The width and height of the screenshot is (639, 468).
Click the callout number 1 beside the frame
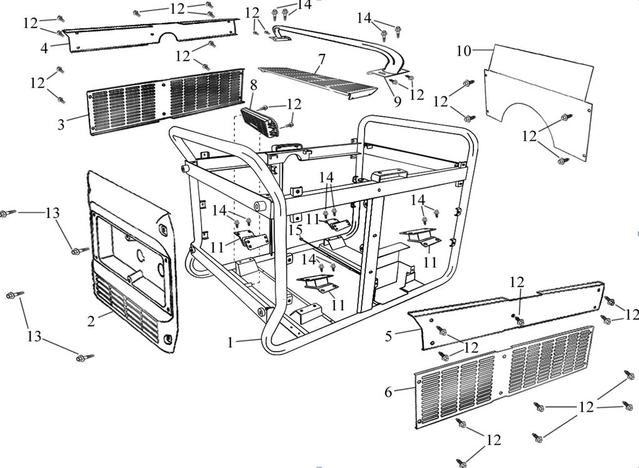[230, 342]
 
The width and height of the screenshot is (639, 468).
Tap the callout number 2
[91, 322]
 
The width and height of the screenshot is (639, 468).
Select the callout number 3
[61, 124]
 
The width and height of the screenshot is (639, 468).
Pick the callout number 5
[388, 336]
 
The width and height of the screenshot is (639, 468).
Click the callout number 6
[388, 392]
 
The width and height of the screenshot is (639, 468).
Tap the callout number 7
[321, 60]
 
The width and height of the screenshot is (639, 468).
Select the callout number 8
[253, 84]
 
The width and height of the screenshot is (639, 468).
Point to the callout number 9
[397, 101]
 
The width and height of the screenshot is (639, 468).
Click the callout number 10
[463, 51]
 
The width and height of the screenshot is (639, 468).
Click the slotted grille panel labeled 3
[166, 100]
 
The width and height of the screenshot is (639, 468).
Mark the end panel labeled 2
[131, 263]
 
